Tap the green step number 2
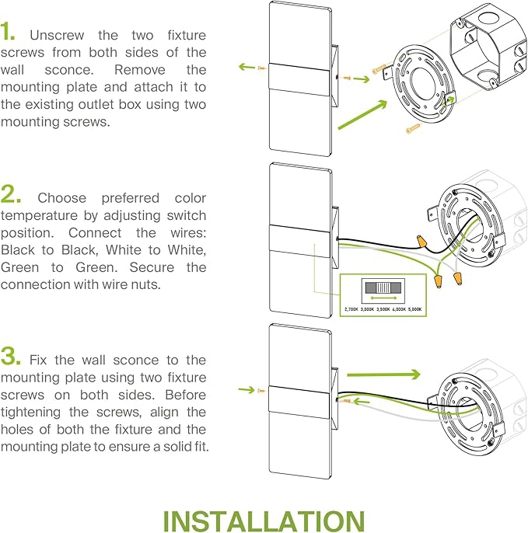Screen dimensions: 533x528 (x=11, y=194)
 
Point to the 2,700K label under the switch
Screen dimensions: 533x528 (x=351, y=309)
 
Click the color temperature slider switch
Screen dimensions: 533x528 (x=383, y=287)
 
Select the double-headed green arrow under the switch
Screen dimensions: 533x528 (x=383, y=298)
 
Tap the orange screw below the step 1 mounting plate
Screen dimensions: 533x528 (x=412, y=129)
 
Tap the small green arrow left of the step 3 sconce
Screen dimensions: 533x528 (x=247, y=388)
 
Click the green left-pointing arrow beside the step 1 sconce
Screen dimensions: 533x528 (x=247, y=68)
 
